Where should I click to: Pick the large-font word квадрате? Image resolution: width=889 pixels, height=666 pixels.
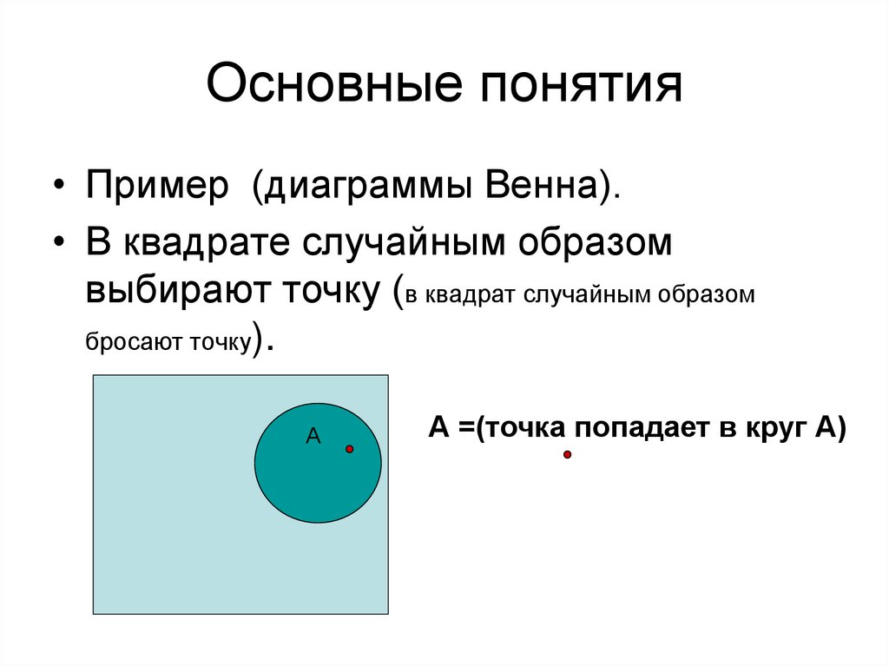pyautogui.click(x=207, y=243)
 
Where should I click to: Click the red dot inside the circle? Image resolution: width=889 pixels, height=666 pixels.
pyautogui.click(x=349, y=449)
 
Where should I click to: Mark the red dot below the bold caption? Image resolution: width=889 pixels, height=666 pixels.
pyautogui.click(x=567, y=454)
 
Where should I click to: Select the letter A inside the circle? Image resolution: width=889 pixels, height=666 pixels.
pyautogui.click(x=313, y=437)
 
